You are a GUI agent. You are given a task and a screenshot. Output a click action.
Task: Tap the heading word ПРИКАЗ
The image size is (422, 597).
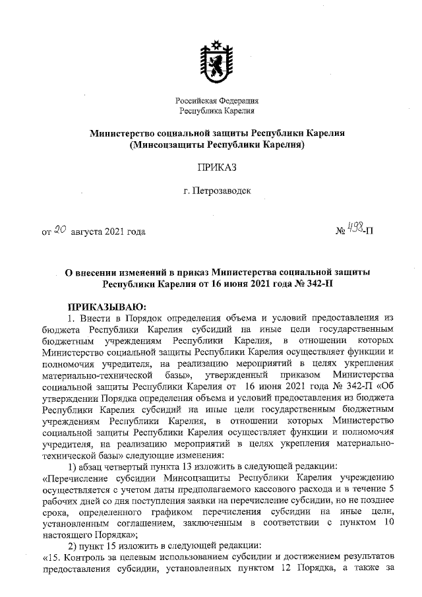pyautogui.click(x=216, y=168)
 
